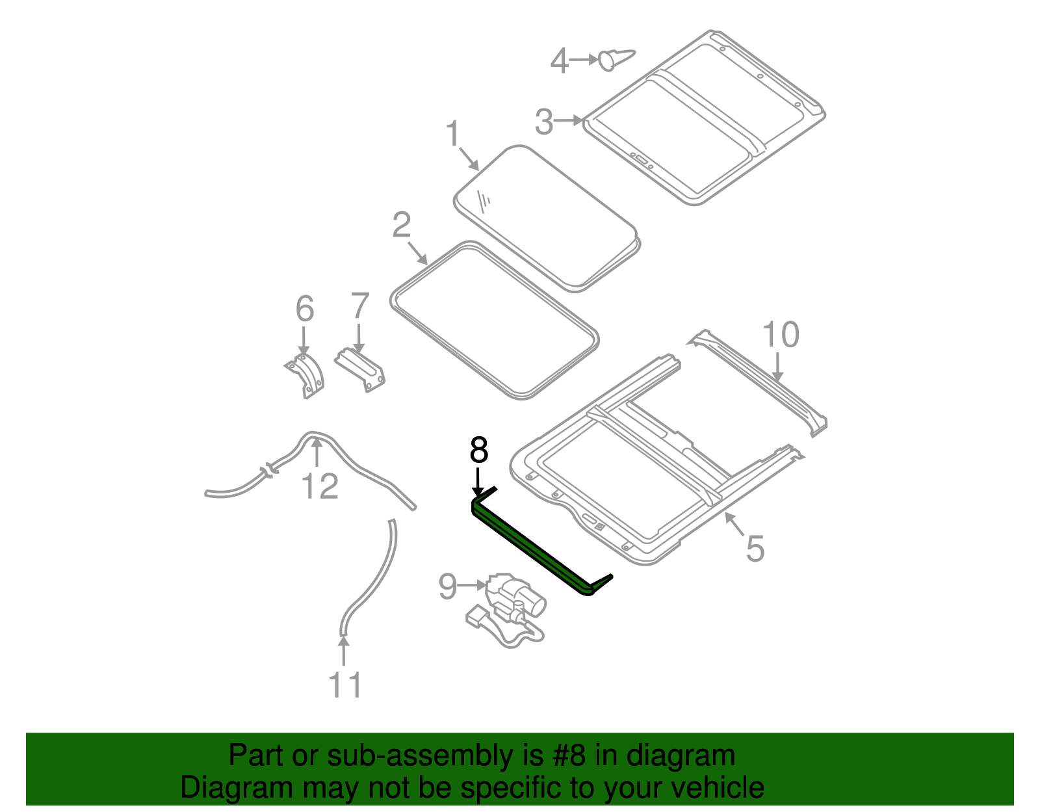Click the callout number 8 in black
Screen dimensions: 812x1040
click(478, 450)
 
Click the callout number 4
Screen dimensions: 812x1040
click(559, 61)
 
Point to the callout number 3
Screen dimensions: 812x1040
click(544, 122)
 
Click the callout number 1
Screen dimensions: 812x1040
click(453, 135)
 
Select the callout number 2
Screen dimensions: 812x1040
click(402, 225)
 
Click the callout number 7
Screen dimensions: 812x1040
click(359, 306)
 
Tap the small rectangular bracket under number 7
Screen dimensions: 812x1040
click(361, 370)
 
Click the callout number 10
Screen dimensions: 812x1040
click(780, 335)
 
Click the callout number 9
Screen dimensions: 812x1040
click(448, 586)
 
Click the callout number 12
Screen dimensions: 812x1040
click(320, 486)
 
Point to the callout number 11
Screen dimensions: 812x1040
click(344, 685)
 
